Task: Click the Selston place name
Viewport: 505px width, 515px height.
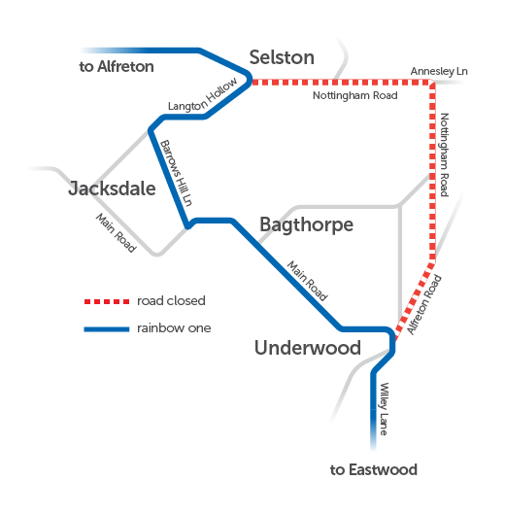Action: point(282,57)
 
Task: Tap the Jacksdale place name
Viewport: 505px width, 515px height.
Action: point(112,189)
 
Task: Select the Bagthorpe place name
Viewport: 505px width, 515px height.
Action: point(306,225)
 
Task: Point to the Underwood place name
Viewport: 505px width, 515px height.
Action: point(307,348)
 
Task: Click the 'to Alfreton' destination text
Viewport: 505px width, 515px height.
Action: point(117,67)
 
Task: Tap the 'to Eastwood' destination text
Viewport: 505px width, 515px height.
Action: point(374,470)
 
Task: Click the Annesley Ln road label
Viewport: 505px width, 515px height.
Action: point(439,72)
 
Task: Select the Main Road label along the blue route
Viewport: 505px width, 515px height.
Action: point(307,281)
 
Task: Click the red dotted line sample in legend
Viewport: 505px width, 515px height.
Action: point(106,301)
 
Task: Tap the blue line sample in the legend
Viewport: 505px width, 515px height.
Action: point(106,328)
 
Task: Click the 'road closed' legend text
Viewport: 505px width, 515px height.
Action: point(171,301)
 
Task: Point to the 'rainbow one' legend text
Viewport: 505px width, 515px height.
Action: point(174,328)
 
